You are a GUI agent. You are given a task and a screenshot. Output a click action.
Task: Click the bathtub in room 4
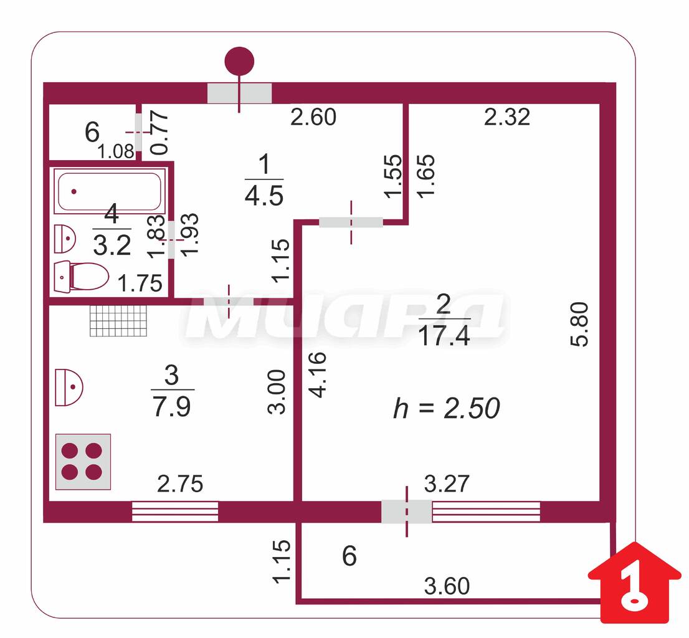[110, 191]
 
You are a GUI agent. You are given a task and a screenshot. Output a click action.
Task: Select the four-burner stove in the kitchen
[83, 461]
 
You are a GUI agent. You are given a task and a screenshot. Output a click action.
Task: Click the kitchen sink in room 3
[69, 387]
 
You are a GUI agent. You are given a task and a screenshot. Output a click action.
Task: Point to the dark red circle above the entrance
[239, 62]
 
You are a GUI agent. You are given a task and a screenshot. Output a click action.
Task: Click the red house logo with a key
[634, 582]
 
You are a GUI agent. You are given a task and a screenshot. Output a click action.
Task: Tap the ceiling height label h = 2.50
[447, 407]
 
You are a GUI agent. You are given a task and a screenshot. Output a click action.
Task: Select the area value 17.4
[444, 336]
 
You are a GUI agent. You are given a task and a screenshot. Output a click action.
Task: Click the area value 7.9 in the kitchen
[172, 406]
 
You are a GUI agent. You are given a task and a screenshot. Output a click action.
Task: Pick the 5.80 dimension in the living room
[579, 324]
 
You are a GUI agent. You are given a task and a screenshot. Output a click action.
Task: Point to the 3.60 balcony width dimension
[447, 586]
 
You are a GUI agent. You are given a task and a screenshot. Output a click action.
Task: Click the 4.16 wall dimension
[318, 374]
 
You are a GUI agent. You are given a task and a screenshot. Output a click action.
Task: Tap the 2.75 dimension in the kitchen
[180, 483]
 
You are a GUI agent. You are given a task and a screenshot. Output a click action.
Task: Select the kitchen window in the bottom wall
[175, 512]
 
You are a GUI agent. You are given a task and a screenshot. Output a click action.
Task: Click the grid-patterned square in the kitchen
[118, 321]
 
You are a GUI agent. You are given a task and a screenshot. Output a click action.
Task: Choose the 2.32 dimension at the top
[507, 117]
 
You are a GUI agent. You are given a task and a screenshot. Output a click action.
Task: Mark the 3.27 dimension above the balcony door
[447, 483]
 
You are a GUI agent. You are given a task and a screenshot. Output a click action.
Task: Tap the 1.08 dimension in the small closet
[116, 151]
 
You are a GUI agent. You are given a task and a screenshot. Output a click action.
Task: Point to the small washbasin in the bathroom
[65, 239]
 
